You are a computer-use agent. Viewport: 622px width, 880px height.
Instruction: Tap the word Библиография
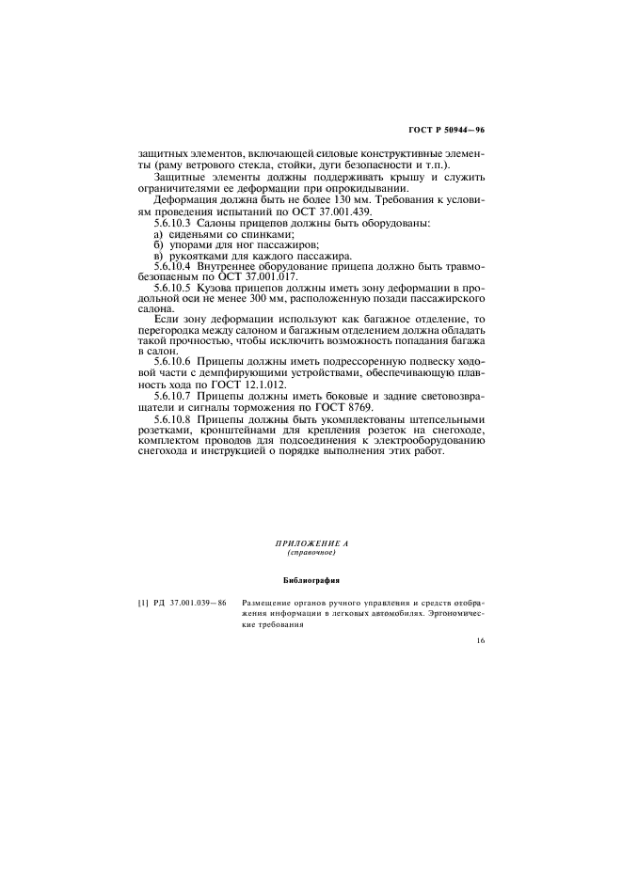(311, 579)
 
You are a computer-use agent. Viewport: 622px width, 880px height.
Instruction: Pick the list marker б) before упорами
(157, 244)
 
